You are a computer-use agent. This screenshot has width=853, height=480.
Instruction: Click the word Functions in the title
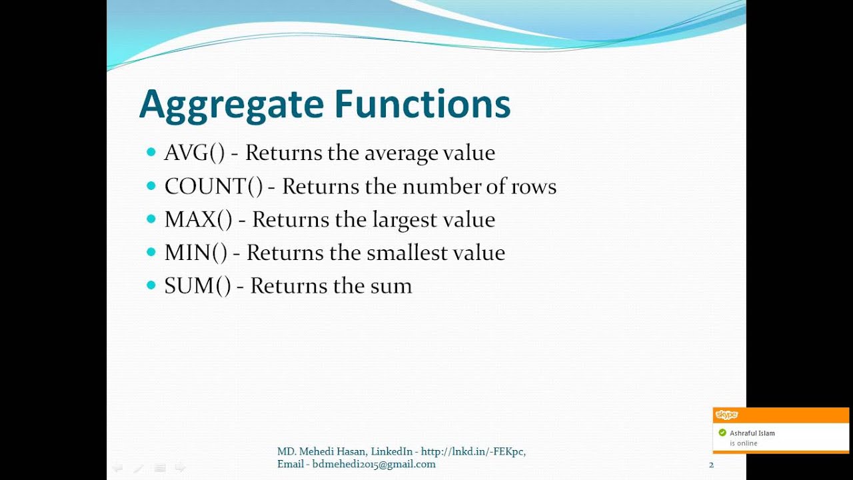tap(422, 104)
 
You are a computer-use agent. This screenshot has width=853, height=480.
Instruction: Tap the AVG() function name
tap(195, 153)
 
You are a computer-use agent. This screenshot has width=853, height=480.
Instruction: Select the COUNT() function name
tap(214, 187)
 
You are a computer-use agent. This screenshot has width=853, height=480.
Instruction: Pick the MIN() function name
tap(195, 253)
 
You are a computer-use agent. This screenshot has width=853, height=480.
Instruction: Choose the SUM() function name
tap(197, 287)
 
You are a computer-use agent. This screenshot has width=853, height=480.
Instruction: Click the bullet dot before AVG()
tap(151, 153)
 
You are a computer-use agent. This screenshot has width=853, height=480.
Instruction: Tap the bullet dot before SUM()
tap(151, 286)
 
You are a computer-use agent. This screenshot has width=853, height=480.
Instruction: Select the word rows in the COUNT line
tap(534, 187)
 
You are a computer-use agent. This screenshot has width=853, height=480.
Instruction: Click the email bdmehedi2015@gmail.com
tap(374, 464)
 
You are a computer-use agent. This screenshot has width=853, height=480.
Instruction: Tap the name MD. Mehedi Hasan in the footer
tap(321, 451)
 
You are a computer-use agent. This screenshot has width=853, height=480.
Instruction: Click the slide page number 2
tap(711, 465)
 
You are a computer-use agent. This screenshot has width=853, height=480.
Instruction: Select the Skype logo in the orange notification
tap(726, 415)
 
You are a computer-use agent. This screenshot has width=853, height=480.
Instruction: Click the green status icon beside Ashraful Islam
tap(722, 433)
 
